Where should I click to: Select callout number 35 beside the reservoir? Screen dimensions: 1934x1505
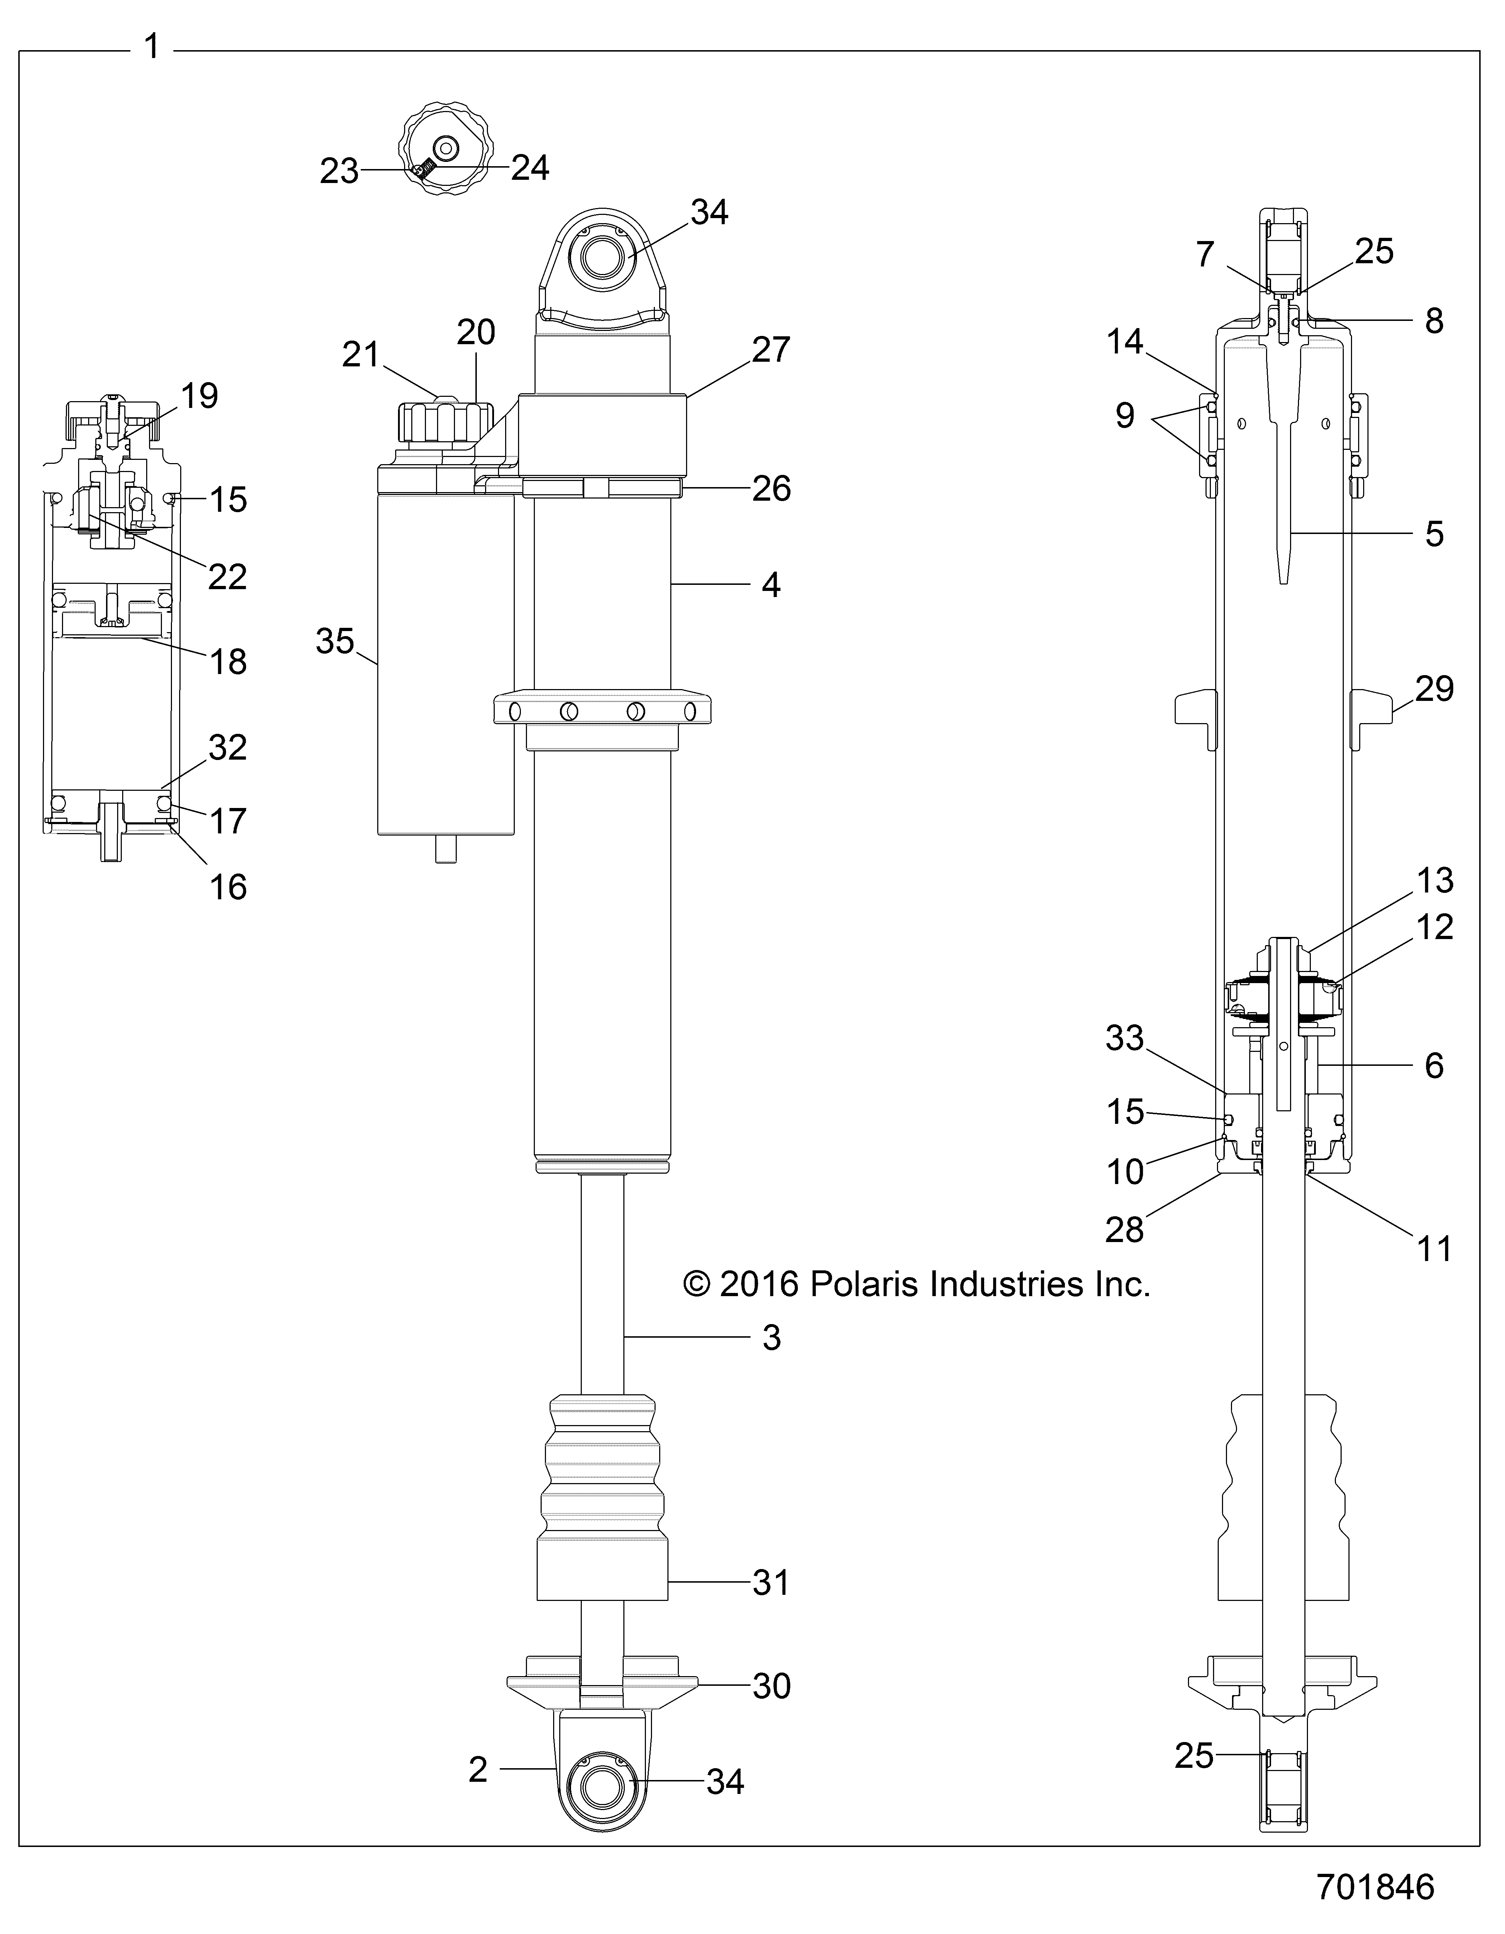pos(335,641)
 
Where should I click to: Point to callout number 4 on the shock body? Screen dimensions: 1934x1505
pos(771,584)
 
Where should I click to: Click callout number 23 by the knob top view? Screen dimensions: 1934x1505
pos(339,171)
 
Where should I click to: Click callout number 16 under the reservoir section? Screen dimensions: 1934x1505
pos(227,886)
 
